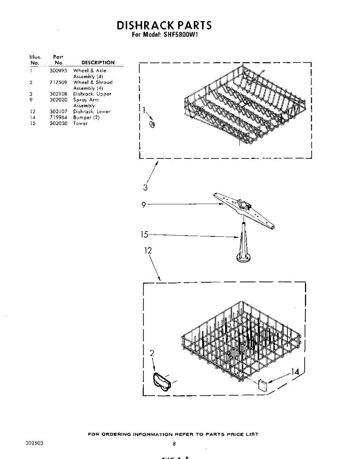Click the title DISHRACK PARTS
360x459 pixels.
pyautogui.click(x=164, y=25)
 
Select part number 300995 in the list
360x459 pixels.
pyautogui.click(x=58, y=71)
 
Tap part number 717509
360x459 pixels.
pyautogui.click(x=58, y=82)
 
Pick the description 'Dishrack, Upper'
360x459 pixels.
pyautogui.click(x=92, y=94)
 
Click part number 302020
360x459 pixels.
pyautogui.click(x=58, y=100)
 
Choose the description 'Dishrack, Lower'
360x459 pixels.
pyautogui.click(x=92, y=112)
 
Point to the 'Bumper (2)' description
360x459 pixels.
pyautogui.click(x=86, y=117)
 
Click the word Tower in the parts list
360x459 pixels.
pyautogui.click(x=80, y=123)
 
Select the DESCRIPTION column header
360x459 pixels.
pyautogui.click(x=98, y=63)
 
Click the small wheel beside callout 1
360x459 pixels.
pyautogui.click(x=151, y=124)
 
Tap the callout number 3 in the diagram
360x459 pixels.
pyautogui.click(x=145, y=187)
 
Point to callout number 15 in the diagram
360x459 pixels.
pyautogui.click(x=144, y=234)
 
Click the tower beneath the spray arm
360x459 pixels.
pyautogui.click(x=243, y=245)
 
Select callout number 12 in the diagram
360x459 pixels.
pyautogui.click(x=148, y=251)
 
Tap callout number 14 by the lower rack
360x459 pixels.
pyautogui.click(x=295, y=371)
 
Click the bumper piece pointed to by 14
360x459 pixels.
pyautogui.click(x=262, y=384)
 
